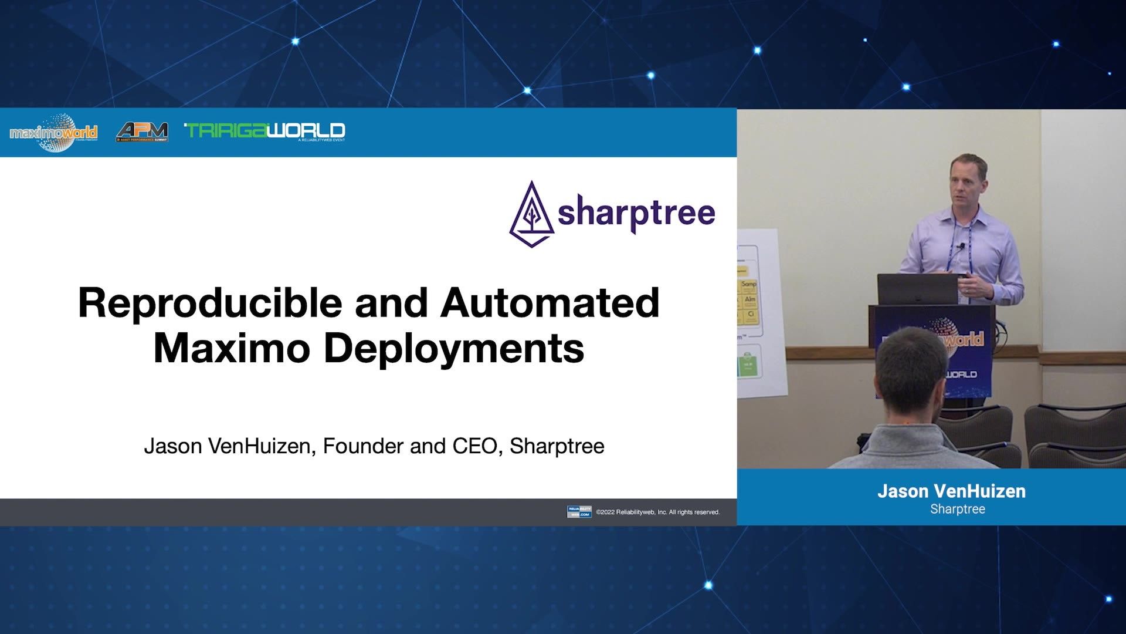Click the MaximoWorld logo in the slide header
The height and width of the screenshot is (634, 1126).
click(54, 133)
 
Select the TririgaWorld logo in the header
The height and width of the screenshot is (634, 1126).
click(264, 131)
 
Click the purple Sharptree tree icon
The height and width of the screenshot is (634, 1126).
click(531, 214)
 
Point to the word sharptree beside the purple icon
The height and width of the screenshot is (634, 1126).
click(636, 213)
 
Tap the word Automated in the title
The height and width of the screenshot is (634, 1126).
click(550, 303)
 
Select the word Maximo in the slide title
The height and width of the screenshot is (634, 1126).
click(232, 348)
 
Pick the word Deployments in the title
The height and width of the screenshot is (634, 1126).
click(454, 348)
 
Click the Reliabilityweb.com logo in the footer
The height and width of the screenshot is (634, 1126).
click(579, 512)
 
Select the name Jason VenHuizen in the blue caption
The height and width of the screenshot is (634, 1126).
click(951, 491)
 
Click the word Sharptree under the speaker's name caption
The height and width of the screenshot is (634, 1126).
click(957, 509)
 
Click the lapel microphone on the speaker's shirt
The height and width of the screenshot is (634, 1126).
click(961, 246)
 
